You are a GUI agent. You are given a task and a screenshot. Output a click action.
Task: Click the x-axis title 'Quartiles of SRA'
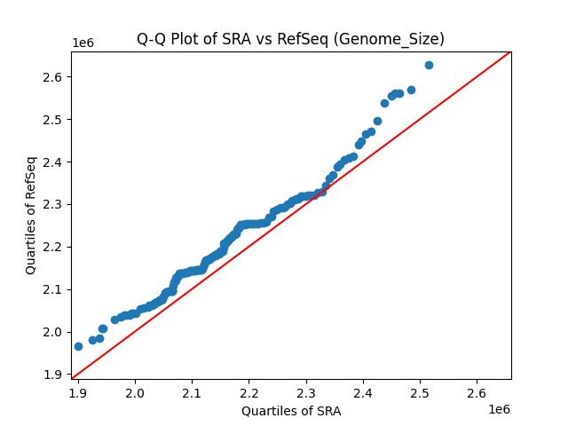tap(290, 411)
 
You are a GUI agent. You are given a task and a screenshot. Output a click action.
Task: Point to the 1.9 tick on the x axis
tap(78, 390)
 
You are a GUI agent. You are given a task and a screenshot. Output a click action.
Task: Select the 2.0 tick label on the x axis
tap(135, 390)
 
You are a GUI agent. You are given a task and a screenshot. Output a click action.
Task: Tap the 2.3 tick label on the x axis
tap(305, 390)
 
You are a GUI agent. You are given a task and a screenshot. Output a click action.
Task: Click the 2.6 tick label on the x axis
tap(477, 390)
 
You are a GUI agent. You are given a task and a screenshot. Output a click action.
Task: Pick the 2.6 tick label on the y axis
tap(52, 77)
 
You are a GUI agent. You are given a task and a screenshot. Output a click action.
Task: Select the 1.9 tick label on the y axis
tap(52, 375)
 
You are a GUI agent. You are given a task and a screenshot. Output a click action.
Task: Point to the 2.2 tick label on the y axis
tap(52, 247)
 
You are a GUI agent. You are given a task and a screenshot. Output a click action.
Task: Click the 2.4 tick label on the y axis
tap(52, 162)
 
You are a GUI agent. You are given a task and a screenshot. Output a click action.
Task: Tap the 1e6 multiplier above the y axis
tap(83, 43)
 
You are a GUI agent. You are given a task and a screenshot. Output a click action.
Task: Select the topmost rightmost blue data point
tap(429, 65)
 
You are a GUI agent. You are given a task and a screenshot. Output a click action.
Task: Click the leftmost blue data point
tap(78, 346)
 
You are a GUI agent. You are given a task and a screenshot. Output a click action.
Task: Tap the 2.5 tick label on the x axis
tap(420, 390)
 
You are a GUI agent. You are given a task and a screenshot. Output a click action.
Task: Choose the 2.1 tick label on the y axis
tap(52, 289)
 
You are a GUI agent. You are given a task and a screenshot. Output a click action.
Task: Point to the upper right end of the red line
tap(510, 51)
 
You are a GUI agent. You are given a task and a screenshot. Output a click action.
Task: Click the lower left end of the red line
tap(72, 378)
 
